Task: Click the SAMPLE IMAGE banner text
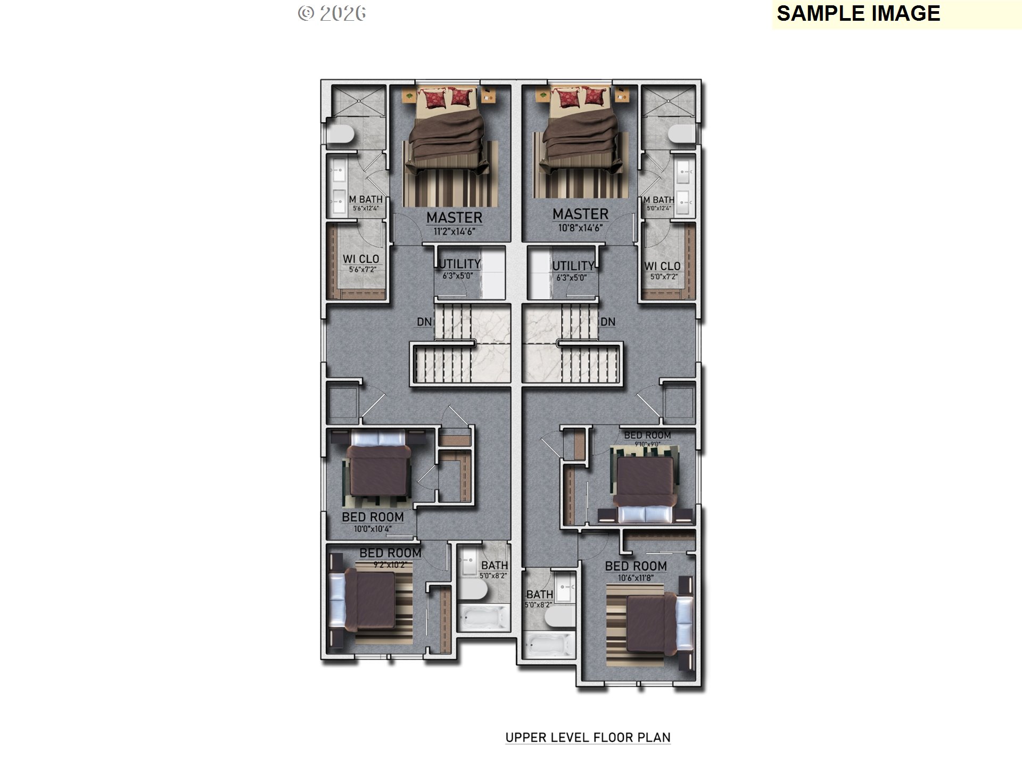[858, 14]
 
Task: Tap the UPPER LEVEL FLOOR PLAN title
[588, 737]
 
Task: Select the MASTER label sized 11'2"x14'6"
[454, 218]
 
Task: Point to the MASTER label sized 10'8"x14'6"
[580, 214]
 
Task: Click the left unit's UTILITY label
[459, 264]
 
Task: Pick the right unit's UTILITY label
[573, 266]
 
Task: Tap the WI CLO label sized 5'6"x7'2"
[361, 259]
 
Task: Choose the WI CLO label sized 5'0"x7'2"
[662, 266]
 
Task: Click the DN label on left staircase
[424, 322]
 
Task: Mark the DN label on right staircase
[608, 322]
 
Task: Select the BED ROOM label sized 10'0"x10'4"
[373, 517]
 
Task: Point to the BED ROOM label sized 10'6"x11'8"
[636, 566]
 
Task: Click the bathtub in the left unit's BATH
[483, 618]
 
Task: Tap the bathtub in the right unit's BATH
[549, 645]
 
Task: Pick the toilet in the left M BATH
[340, 134]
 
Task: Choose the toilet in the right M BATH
[682, 134]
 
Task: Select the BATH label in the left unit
[494, 565]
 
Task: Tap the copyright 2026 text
[332, 13]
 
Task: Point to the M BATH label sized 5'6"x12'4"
[366, 199]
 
